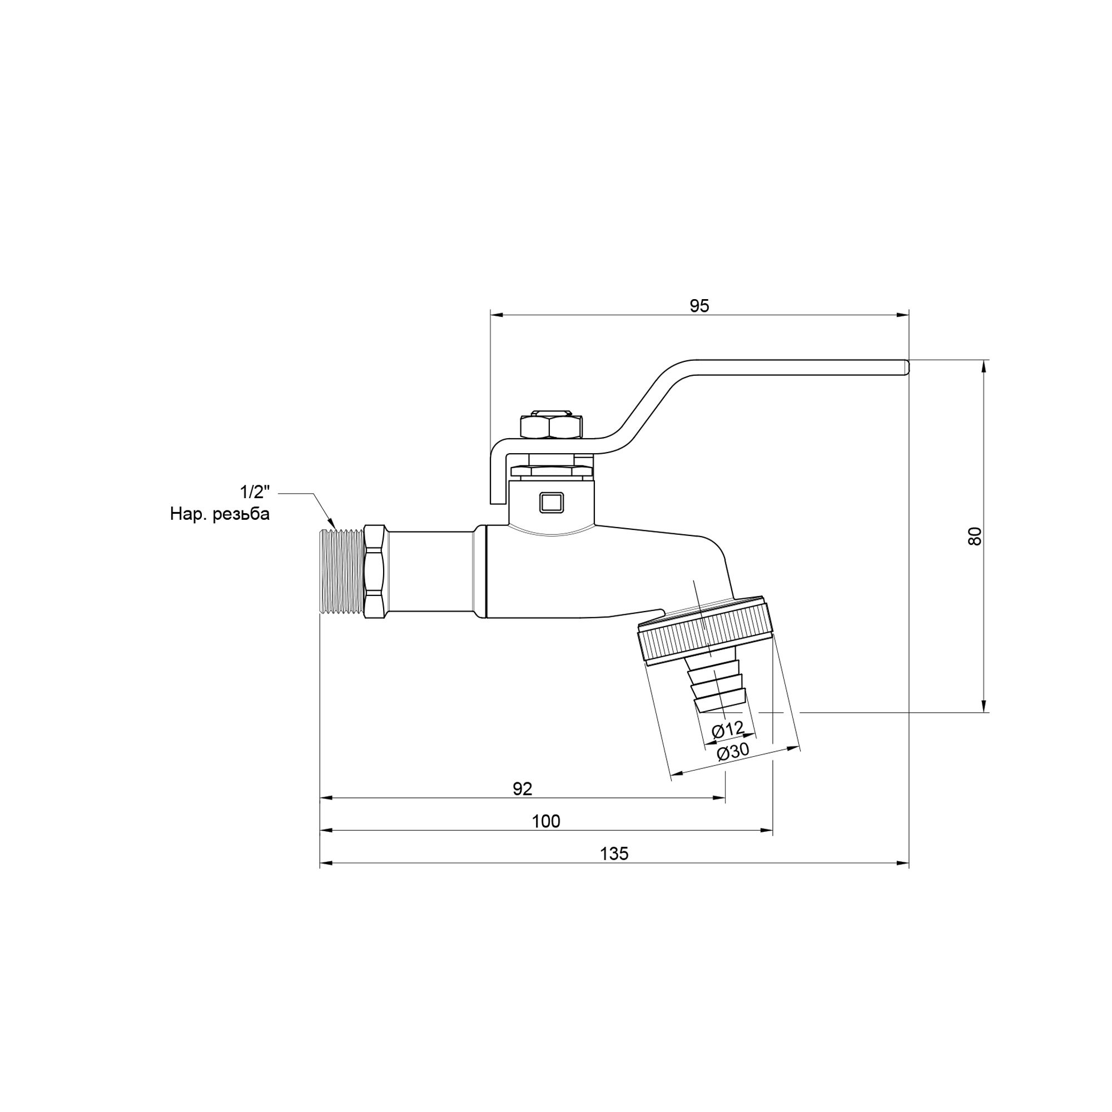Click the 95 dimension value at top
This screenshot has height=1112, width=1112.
699,306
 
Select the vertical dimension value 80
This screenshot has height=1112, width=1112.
975,536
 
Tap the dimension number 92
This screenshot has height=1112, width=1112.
523,788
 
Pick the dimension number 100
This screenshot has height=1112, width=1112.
545,821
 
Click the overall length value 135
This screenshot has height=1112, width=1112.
614,853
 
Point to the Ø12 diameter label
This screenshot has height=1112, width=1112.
727,730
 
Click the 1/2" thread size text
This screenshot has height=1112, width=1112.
255,492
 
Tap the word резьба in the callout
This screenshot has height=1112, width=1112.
241,514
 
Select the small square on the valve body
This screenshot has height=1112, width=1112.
551,502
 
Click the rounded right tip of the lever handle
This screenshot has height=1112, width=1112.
906,368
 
